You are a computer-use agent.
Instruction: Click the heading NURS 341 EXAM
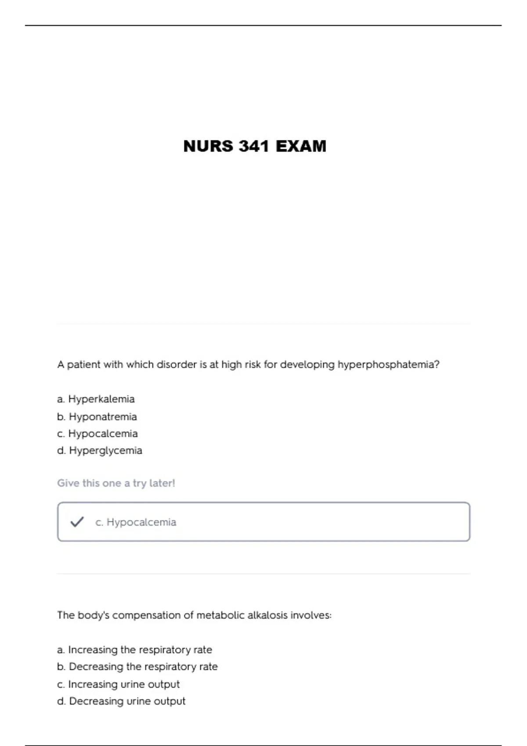(255, 146)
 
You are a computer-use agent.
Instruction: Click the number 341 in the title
(253, 146)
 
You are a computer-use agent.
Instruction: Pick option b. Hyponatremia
(97, 416)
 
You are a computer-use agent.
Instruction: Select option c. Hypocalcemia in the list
(97, 434)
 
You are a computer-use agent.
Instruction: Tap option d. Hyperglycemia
(100, 451)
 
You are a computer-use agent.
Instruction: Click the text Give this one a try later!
(116, 483)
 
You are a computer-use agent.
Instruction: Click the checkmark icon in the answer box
(77, 522)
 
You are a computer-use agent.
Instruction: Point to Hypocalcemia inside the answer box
(141, 522)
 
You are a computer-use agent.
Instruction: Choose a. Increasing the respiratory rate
(134, 649)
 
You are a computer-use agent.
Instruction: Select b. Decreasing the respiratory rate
(137, 667)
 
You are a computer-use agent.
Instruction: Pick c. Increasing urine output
(119, 684)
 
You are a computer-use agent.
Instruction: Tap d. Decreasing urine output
(121, 701)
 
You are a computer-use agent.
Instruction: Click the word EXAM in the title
(301, 146)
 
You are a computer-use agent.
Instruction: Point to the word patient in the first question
(83, 365)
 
